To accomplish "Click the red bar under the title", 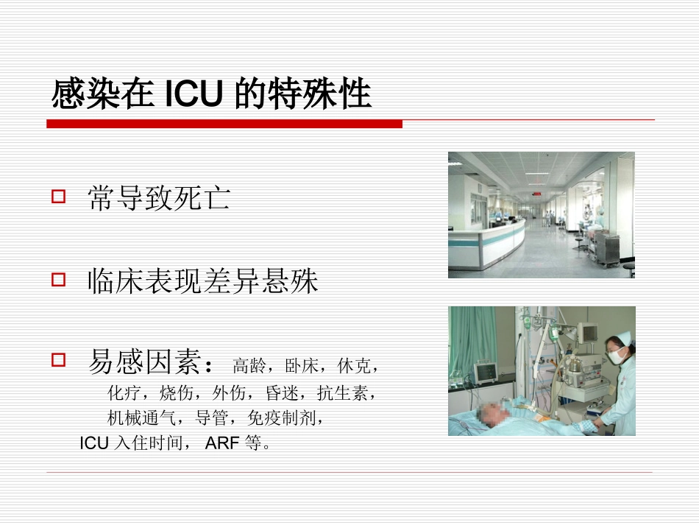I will [224, 124].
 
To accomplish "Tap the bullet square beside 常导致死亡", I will [59, 197].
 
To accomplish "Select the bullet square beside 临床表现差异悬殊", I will [59, 280].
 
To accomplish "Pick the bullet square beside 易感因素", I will [59, 360].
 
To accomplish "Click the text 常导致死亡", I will [159, 198].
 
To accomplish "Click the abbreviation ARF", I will [221, 444].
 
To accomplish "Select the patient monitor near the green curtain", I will [486, 371].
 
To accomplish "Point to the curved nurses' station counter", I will [486, 239].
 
